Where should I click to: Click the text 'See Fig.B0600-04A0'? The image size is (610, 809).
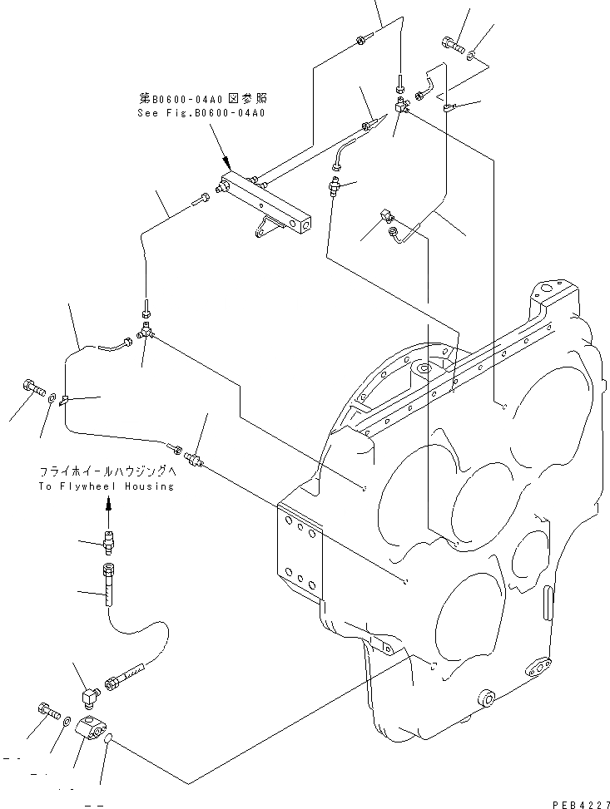click(201, 113)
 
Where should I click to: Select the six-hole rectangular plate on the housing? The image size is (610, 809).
click(299, 552)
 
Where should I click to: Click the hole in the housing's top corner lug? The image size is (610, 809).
click(545, 291)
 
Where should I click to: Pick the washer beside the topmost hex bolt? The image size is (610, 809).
click(472, 55)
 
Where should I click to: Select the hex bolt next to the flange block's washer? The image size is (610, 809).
click(48, 710)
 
